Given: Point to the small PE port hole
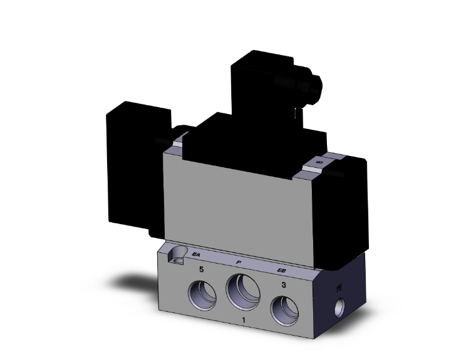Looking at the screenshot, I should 341,307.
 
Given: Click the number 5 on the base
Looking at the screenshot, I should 201,270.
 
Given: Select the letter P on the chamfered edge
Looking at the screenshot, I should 239,262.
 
